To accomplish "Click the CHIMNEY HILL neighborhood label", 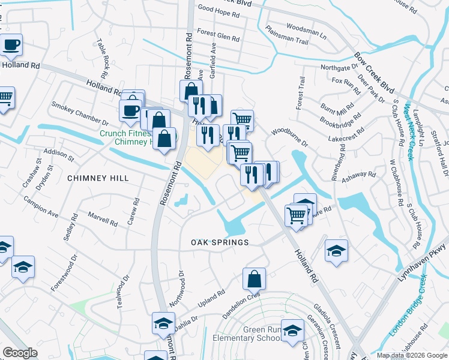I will point(98,178).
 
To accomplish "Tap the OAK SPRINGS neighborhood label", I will point(220,242).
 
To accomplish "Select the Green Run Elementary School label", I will point(247,334).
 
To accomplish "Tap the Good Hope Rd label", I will point(219,9).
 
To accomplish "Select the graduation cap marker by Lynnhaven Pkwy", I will point(336,250).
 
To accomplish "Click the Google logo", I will point(20,352).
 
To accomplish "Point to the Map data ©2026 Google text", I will point(411,355).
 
